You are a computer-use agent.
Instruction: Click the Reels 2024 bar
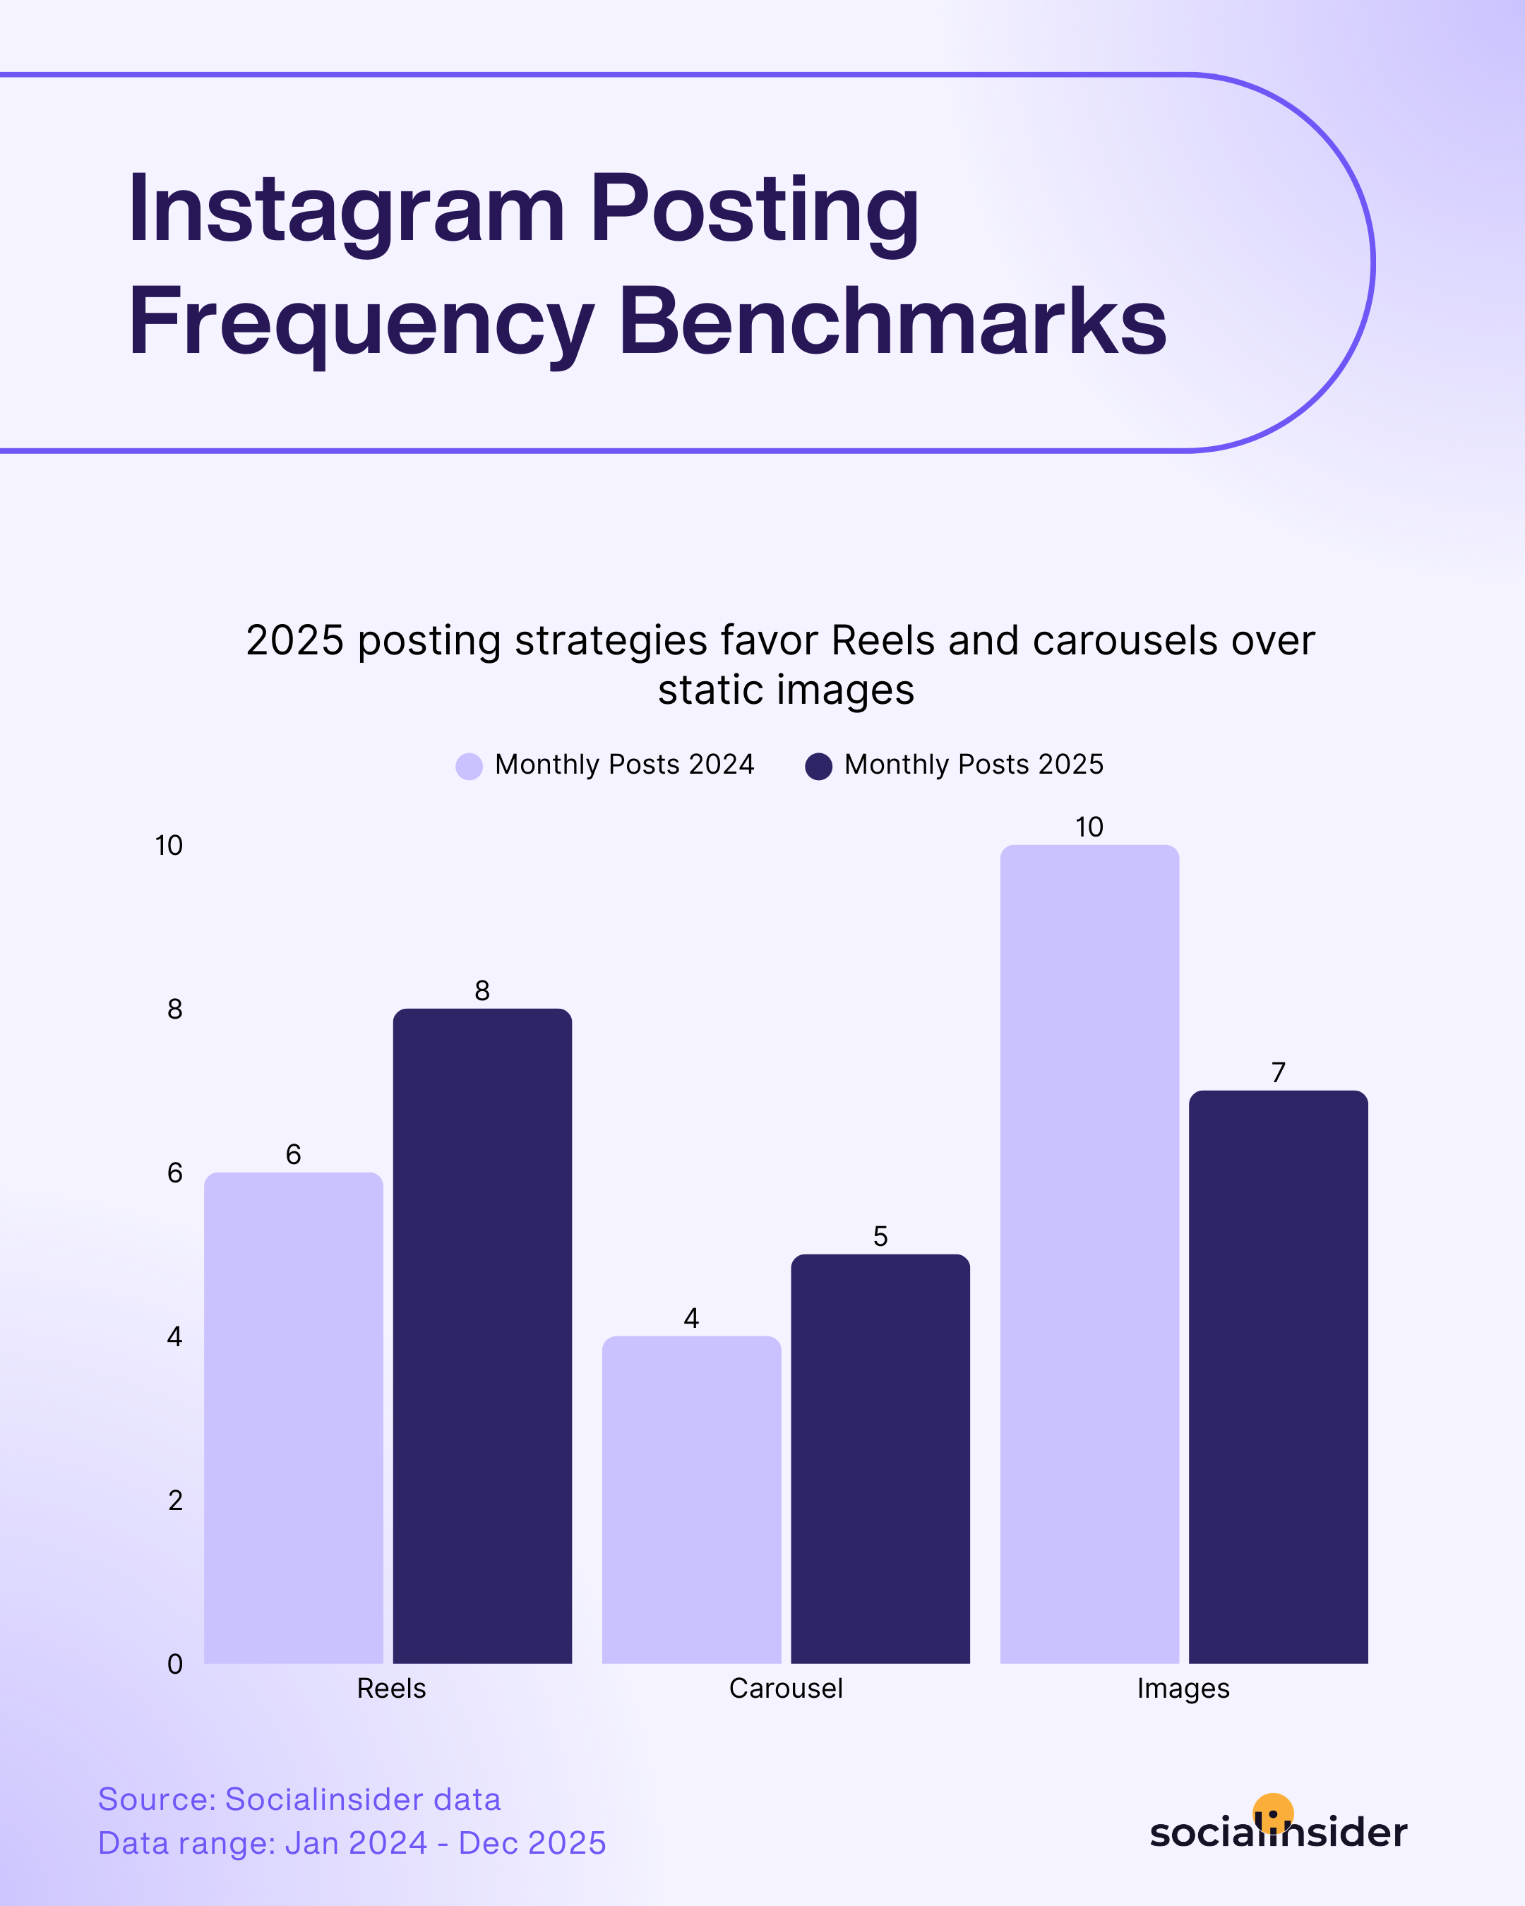point(294,1418)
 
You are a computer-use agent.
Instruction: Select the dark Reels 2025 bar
point(482,1336)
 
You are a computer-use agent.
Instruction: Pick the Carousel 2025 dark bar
point(880,1458)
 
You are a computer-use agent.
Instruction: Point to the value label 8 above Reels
point(482,990)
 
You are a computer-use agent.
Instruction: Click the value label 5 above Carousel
point(880,1236)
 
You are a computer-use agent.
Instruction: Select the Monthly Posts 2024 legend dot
point(469,766)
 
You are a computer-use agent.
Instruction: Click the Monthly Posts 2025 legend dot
point(819,766)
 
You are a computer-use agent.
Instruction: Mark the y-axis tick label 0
point(174,1664)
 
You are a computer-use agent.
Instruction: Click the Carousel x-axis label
point(785,1689)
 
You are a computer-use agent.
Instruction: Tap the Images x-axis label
point(1183,1689)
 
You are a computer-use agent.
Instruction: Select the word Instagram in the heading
point(346,210)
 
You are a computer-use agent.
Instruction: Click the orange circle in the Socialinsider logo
point(1273,1812)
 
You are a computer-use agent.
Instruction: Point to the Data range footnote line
point(351,1843)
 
